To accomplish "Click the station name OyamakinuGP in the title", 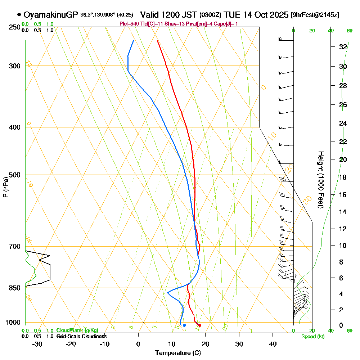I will [x=51, y=15].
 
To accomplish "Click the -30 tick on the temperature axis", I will [x=37, y=344].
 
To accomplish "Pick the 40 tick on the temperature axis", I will [x=273, y=344].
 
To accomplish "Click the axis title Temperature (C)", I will [x=178, y=353].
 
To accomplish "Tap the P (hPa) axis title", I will [x=5, y=187].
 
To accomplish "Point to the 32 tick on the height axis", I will [x=343, y=47].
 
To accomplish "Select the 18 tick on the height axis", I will [x=343, y=177].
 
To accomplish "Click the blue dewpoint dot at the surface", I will [x=184, y=325].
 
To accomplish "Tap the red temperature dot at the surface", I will [x=200, y=325].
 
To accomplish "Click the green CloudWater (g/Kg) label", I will [x=77, y=330].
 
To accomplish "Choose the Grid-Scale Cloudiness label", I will [x=81, y=336].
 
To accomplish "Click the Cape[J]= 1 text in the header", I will [x=226, y=24].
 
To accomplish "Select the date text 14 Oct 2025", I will [x=263, y=15].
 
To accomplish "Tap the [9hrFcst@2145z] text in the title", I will [x=315, y=15].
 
